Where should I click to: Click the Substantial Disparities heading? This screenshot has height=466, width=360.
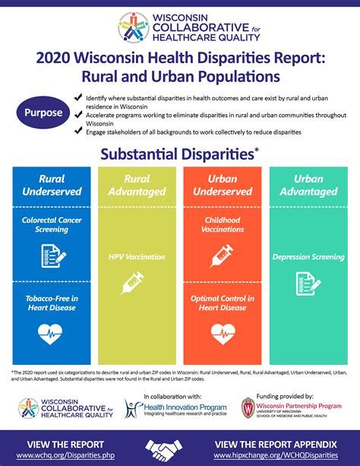click(178, 154)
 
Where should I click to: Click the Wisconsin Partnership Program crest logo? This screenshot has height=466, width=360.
click(248, 407)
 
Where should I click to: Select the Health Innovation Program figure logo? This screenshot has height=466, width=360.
click(134, 408)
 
